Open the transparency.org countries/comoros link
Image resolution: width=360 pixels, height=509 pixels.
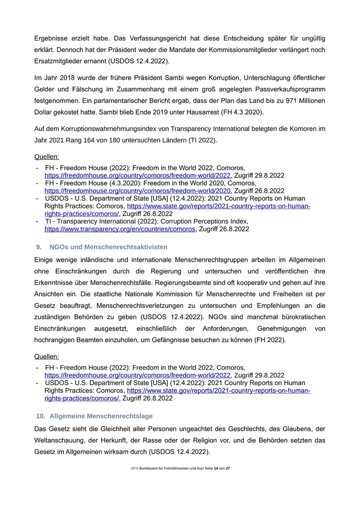pos(120,229)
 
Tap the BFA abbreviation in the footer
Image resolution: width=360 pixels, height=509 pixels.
pos(135,468)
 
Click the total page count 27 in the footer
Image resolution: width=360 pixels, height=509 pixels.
pos(228,468)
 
